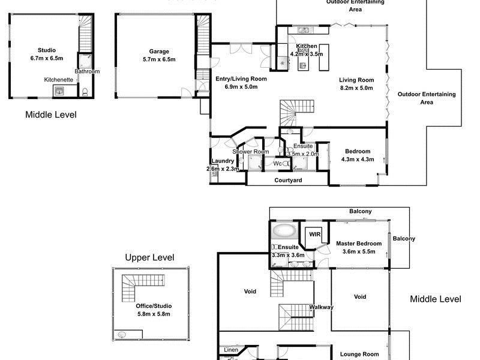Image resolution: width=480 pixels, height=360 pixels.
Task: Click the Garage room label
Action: [x=159, y=52]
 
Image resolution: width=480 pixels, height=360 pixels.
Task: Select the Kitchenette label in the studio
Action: [x=59, y=79]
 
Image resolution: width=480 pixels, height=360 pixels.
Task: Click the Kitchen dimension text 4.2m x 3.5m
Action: [x=307, y=54]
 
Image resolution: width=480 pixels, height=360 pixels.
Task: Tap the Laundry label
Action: [x=223, y=161]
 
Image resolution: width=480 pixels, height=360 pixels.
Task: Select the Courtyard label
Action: [x=288, y=180]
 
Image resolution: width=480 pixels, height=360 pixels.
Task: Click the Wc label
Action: [x=278, y=164]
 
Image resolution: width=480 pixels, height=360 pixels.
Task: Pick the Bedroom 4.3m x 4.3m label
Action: [x=358, y=151]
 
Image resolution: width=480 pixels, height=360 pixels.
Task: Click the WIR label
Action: [x=314, y=234]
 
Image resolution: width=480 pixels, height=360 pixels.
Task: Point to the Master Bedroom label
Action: [x=359, y=244]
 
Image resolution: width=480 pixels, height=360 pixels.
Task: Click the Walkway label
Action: [x=322, y=307]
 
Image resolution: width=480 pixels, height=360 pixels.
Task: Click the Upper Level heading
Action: [x=149, y=258]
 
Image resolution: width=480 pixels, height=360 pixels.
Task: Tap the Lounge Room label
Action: [x=360, y=354]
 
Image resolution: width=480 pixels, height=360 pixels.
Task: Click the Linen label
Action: [x=231, y=350]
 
